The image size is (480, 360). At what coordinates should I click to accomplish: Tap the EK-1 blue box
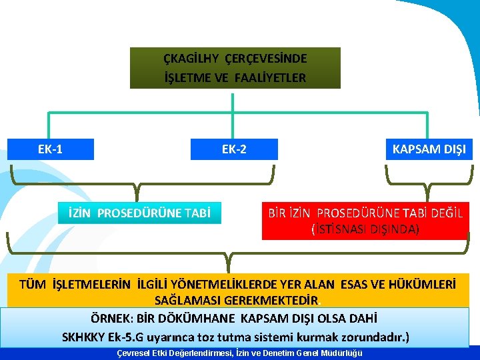51,149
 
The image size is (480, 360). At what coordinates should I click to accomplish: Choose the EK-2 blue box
234,149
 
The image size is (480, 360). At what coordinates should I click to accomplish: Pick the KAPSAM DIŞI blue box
429,149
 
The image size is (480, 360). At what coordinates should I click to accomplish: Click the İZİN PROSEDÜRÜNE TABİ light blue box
139,213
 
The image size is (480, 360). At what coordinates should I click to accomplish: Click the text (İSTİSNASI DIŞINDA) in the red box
365,229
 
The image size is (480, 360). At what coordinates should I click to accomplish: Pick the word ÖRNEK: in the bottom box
111,318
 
